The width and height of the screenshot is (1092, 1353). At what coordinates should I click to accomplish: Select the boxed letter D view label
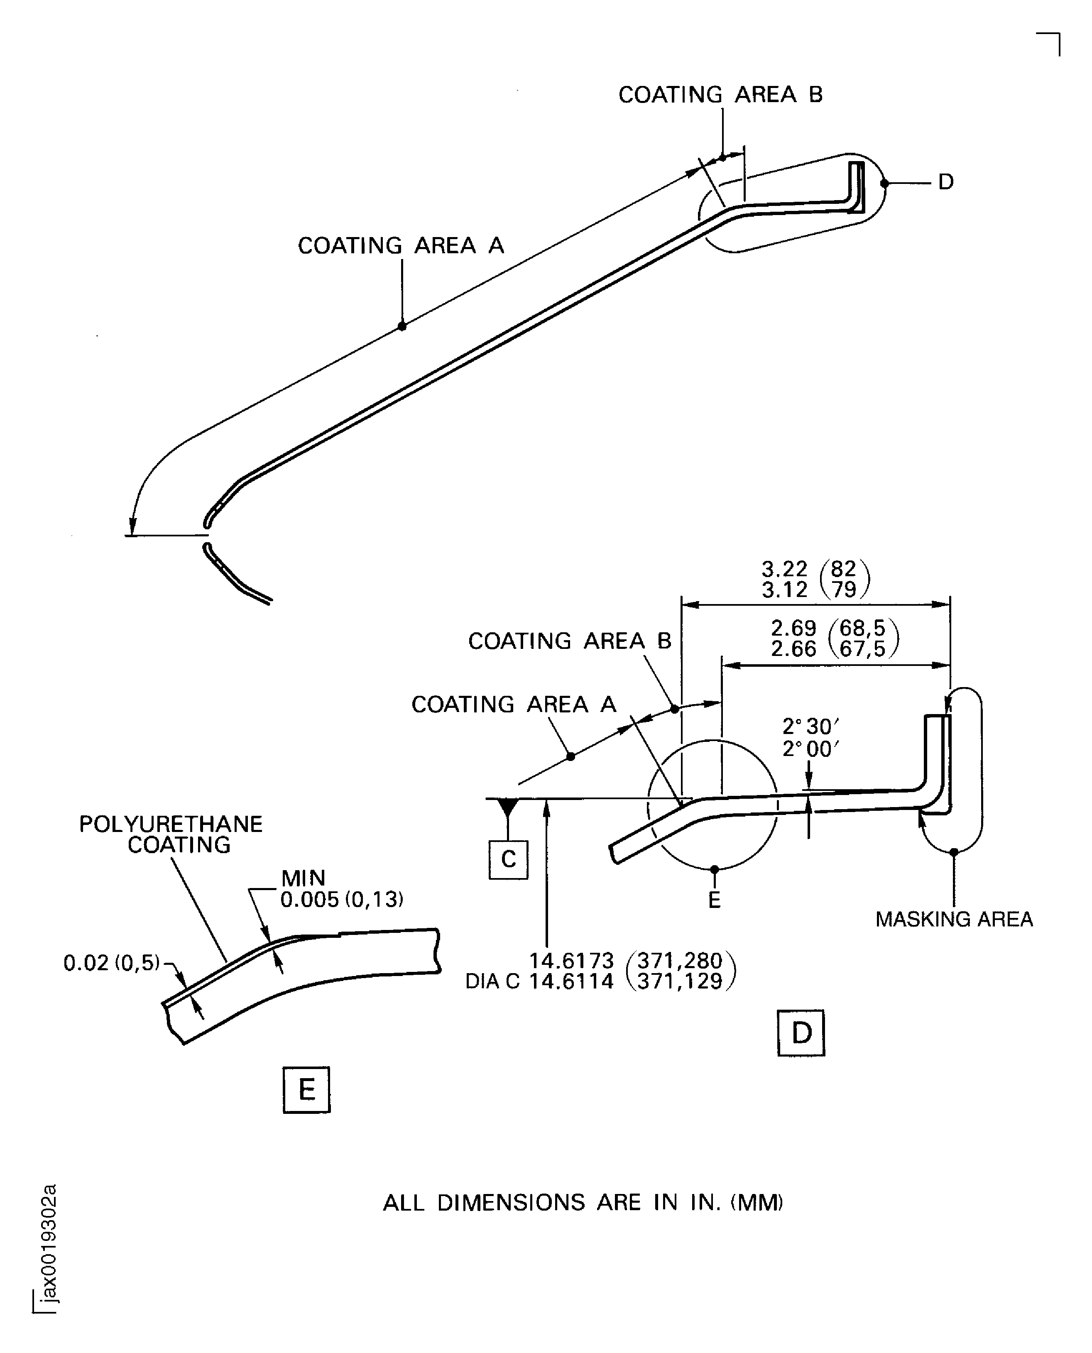(x=801, y=1033)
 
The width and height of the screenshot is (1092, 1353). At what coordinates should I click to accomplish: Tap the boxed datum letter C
(x=508, y=859)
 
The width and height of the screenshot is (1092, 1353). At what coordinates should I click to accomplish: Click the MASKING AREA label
(x=954, y=920)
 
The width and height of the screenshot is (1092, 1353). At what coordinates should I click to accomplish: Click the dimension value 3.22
(x=784, y=569)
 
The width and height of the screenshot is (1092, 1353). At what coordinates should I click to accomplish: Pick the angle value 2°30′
(x=810, y=727)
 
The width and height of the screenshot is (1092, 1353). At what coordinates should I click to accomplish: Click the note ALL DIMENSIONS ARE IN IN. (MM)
(x=583, y=1203)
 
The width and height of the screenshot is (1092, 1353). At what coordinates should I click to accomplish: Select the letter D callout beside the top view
(x=945, y=182)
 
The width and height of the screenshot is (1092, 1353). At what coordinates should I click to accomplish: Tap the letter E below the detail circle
(x=714, y=900)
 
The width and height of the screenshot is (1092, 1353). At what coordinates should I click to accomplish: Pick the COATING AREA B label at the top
(x=720, y=94)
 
